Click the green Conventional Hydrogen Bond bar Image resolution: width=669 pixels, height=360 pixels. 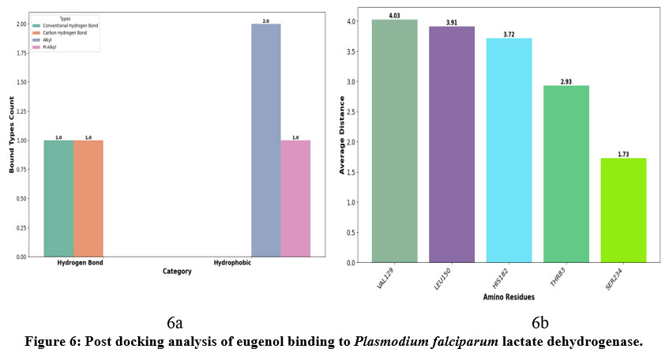pos(58,198)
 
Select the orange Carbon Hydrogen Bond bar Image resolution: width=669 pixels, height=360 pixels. pos(88,198)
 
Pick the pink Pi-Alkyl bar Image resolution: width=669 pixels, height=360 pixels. pos(295,198)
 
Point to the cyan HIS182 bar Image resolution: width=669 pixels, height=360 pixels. pos(509,150)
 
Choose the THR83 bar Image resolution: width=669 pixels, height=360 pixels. pos(566,174)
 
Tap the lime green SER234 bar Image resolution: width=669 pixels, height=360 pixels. pos(623,210)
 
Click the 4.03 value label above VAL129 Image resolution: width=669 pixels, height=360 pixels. pos(394,15)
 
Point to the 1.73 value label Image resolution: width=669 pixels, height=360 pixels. pos(623,153)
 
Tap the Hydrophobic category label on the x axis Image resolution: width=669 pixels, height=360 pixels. pos(232,263)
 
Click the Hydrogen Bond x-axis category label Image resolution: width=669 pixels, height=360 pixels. pos(73,263)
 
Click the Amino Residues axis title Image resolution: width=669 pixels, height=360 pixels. pos(509,296)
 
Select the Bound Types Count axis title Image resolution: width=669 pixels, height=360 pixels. pos(11,134)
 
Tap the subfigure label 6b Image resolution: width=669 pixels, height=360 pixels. pos(539,323)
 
